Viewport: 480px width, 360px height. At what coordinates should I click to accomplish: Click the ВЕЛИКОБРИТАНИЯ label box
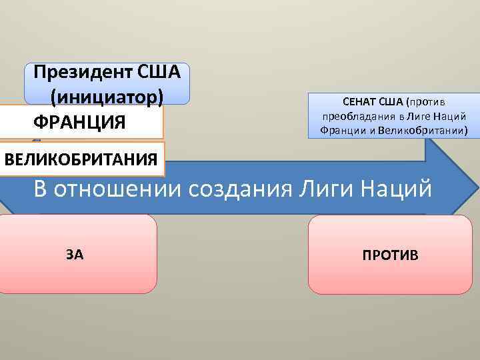click(x=81, y=159)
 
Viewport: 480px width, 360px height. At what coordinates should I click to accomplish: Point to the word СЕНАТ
click(x=359, y=102)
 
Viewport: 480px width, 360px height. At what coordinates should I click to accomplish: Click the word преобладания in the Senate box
click(x=351, y=116)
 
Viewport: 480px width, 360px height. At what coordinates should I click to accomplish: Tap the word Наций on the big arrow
click(x=393, y=189)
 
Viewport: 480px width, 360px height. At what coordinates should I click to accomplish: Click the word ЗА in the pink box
click(x=75, y=254)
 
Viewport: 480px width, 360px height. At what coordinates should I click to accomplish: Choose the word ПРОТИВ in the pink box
click(x=391, y=255)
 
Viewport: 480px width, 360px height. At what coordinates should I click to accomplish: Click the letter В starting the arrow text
click(x=41, y=189)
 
